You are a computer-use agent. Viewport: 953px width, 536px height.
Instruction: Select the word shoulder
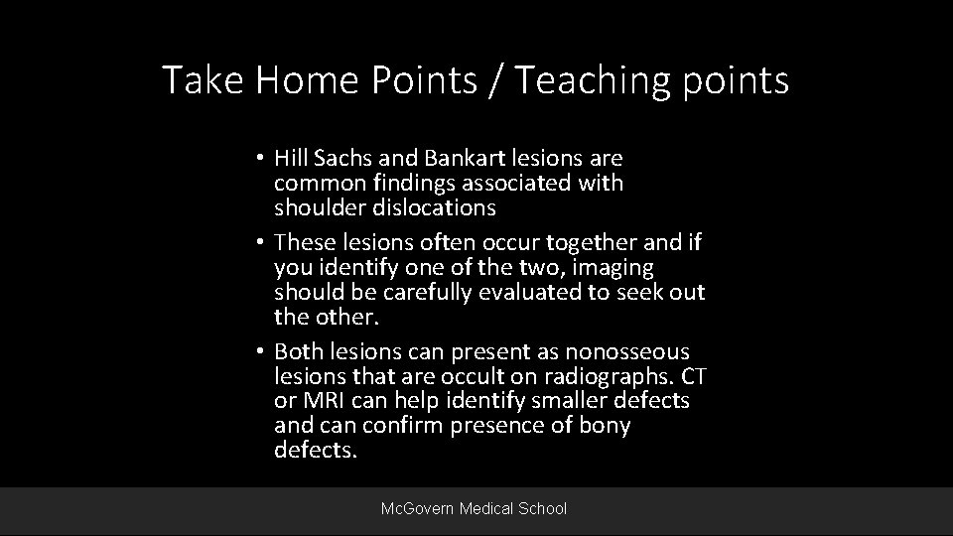[318, 206]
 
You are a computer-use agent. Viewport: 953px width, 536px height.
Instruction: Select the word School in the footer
[542, 508]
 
